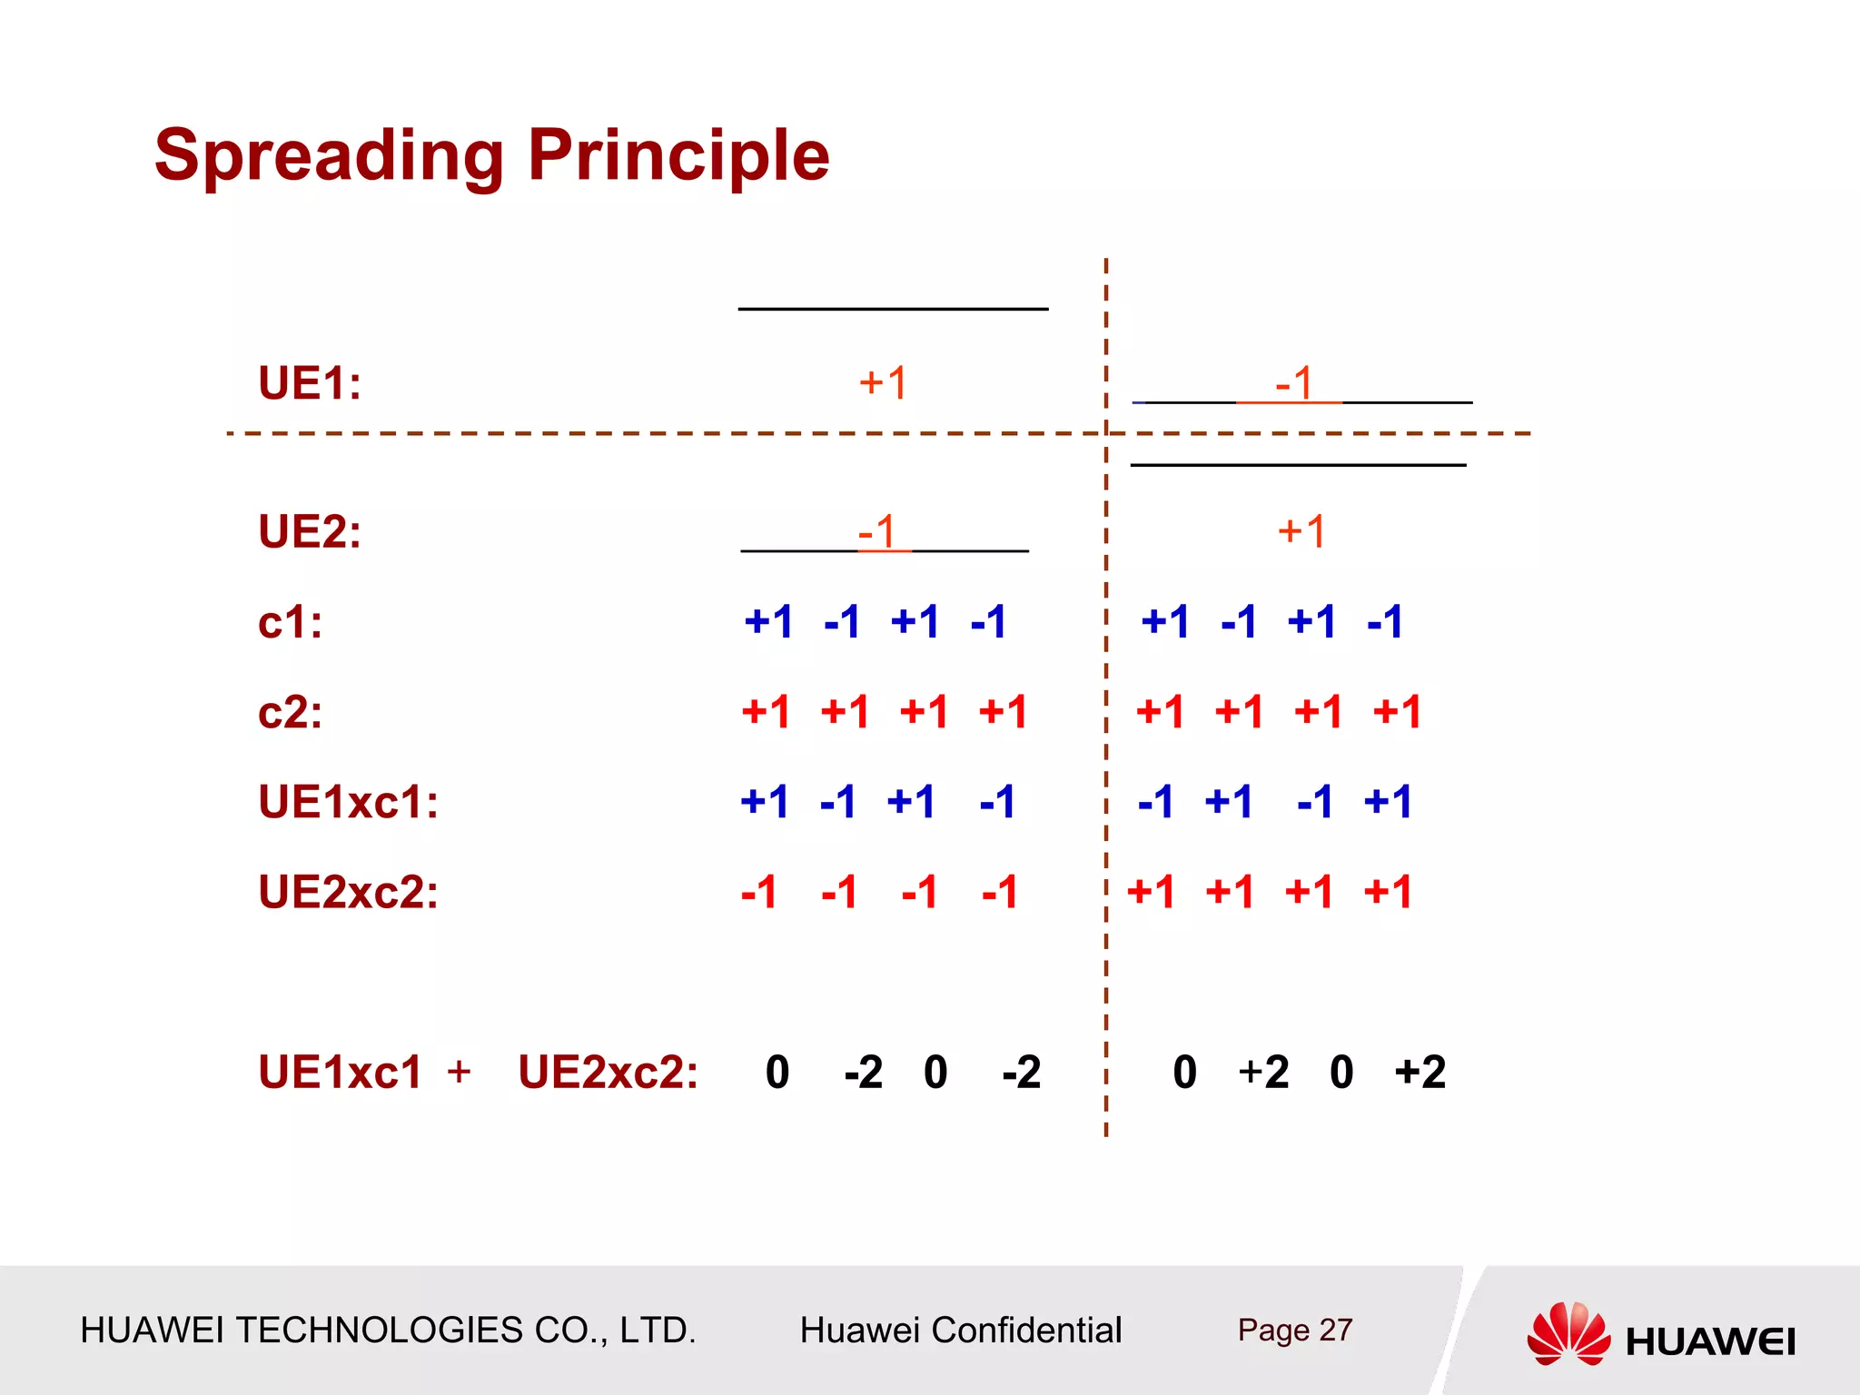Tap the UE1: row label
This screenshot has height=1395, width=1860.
pos(310,383)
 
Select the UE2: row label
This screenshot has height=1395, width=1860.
pos(310,532)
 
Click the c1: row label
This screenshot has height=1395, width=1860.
pos(290,623)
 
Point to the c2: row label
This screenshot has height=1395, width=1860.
pos(290,713)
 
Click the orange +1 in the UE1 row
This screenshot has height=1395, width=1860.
pos(883,383)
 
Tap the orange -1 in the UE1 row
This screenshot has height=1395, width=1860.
pos(1294,383)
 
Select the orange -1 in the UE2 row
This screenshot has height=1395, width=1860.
pos(877,532)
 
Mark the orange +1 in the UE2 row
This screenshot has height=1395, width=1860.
pos(1301,531)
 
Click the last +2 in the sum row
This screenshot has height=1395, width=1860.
pos(1420,1073)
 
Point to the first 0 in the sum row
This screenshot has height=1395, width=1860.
pos(777,1073)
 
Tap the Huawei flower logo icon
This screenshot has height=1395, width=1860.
pos(1568,1333)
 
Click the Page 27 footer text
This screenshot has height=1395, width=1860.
pos(1294,1331)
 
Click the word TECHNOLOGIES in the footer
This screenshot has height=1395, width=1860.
pos(379,1331)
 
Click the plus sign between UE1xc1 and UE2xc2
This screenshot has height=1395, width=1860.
pos(459,1072)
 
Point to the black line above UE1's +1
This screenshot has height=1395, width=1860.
pos(893,310)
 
